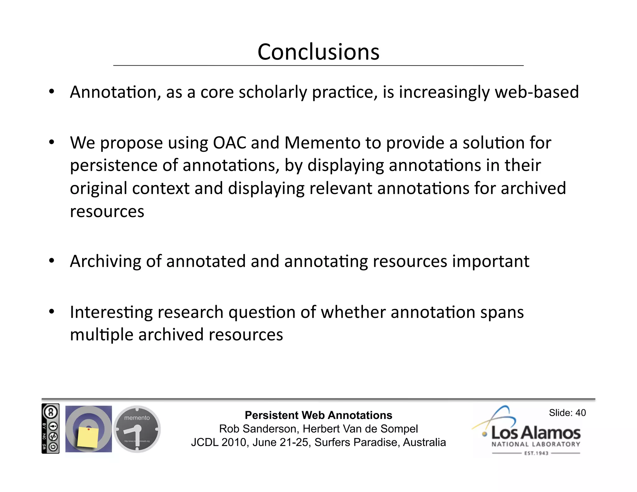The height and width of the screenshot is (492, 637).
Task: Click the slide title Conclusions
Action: (318, 52)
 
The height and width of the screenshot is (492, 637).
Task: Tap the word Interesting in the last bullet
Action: (111, 313)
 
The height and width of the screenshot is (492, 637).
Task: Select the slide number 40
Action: (580, 413)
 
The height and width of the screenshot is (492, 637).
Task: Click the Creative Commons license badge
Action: (50, 429)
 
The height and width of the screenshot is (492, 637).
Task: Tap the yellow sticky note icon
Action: (88, 437)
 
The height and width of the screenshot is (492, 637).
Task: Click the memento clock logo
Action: (137, 429)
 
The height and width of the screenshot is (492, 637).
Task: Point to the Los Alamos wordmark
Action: (536, 433)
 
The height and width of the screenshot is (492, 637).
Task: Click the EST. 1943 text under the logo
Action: (536, 453)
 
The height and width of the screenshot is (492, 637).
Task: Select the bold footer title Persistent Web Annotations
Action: (318, 415)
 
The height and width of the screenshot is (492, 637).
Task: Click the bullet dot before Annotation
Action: (52, 92)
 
